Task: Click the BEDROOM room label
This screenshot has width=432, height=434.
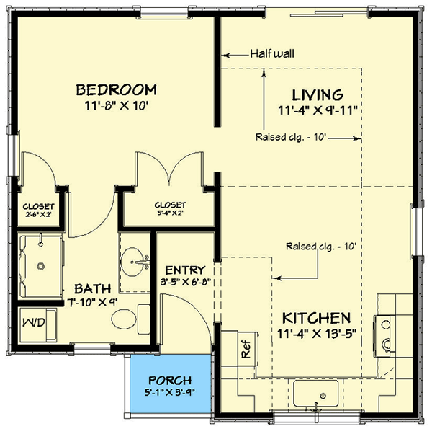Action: pos(117,90)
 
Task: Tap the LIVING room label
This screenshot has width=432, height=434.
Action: pos(318,95)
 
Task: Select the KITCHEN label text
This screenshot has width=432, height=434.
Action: pos(317,319)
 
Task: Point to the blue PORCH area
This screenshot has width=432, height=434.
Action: pos(171,384)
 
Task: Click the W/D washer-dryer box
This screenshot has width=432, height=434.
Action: pos(38,324)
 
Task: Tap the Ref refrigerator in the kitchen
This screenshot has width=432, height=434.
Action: pos(248,349)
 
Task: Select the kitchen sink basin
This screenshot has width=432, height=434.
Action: pos(315,393)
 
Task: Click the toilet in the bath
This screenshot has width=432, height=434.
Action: pos(130,319)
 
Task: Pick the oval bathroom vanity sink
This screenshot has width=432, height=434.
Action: pos(132,262)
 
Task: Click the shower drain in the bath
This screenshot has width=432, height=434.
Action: pos(41,266)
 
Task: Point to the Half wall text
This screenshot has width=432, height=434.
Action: pos(272,53)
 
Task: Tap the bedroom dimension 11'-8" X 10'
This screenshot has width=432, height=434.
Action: pos(117,105)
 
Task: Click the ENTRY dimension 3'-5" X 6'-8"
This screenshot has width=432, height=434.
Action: pos(186,282)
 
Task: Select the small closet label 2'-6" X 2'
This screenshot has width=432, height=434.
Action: pos(38,214)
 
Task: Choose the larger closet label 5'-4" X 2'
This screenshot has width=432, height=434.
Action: pos(170,213)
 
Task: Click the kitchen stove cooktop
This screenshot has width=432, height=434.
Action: pos(384,336)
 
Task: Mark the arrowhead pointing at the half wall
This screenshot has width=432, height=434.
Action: pos(225,56)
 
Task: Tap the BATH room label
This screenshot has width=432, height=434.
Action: pos(93,288)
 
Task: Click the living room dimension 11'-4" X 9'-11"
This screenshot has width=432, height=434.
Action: pos(318,110)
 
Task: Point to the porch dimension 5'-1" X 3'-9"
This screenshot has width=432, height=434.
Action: pos(170,392)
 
